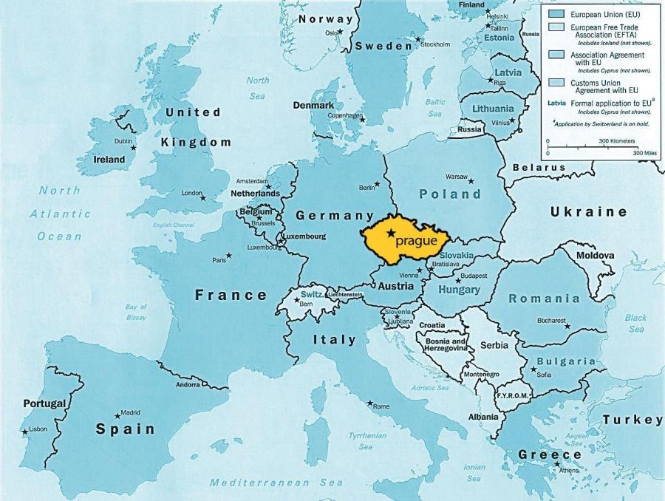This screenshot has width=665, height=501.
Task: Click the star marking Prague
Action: tap(390, 234)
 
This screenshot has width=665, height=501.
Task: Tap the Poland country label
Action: tap(450, 194)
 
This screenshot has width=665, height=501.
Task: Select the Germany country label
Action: tap(335, 216)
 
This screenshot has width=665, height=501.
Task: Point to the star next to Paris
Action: tap(229, 256)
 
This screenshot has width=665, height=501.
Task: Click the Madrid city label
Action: tap(130, 412)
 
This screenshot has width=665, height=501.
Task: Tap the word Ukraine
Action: tap(588, 212)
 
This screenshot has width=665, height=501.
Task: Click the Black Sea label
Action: tap(635, 323)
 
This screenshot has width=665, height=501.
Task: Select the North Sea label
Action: tap(257, 88)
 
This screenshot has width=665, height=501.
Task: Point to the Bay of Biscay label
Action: tap(136, 312)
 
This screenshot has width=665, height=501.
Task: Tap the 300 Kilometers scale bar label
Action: tap(613, 140)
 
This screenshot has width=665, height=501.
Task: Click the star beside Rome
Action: tap(370, 403)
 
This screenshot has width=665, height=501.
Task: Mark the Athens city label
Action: tap(569, 471)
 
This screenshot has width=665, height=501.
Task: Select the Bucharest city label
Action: tap(551, 321)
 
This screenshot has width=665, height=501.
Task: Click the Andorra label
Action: tap(188, 384)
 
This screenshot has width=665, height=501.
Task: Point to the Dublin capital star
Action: tap(134, 148)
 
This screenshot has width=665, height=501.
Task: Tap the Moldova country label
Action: tap(595, 256)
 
